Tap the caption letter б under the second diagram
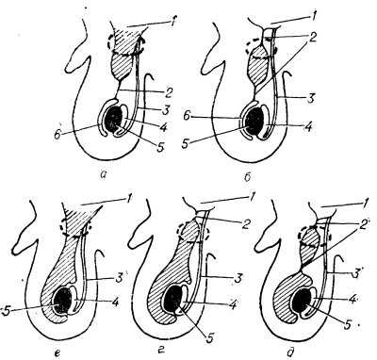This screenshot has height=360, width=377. click(248, 177)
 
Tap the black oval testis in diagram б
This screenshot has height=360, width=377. click(254, 121)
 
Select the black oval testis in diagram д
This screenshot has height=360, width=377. click(303, 302)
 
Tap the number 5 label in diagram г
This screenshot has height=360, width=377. click(210, 338)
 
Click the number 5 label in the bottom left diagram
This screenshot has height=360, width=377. click(6, 310)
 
